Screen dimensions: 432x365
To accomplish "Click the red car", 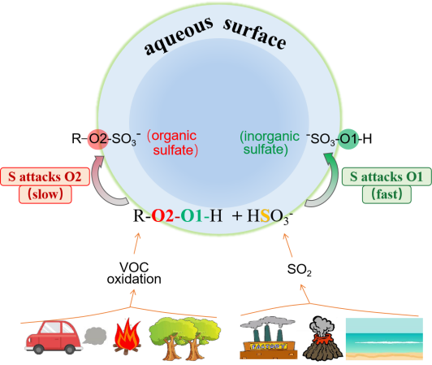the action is pyautogui.click(x=54, y=337).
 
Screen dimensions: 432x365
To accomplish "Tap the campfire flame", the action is pyautogui.click(x=127, y=337).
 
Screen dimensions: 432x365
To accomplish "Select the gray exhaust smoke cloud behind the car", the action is pyautogui.click(x=95, y=336).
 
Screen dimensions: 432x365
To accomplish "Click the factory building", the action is pyautogui.click(x=268, y=338).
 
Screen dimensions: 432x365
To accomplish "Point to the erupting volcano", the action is pyautogui.click(x=322, y=338).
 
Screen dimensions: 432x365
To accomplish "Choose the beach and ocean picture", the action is pyautogui.click(x=384, y=339).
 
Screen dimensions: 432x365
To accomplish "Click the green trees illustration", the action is pyautogui.click(x=184, y=338).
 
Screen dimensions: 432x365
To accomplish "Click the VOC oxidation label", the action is pyautogui.click(x=134, y=273).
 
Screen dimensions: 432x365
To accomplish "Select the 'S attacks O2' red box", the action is pyautogui.click(x=45, y=176).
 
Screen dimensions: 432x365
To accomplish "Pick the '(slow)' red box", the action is pyautogui.click(x=45, y=194).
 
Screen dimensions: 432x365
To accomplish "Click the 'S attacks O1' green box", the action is pyautogui.click(x=387, y=176).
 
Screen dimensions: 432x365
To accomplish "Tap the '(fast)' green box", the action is pyautogui.click(x=387, y=194).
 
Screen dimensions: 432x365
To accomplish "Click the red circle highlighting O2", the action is pyautogui.click(x=97, y=139).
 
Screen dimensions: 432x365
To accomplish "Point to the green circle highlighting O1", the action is pyautogui.click(x=348, y=139).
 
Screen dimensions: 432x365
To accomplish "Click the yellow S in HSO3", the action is pyautogui.click(x=265, y=215).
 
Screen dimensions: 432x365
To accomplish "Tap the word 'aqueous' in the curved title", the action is pyautogui.click(x=179, y=36).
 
